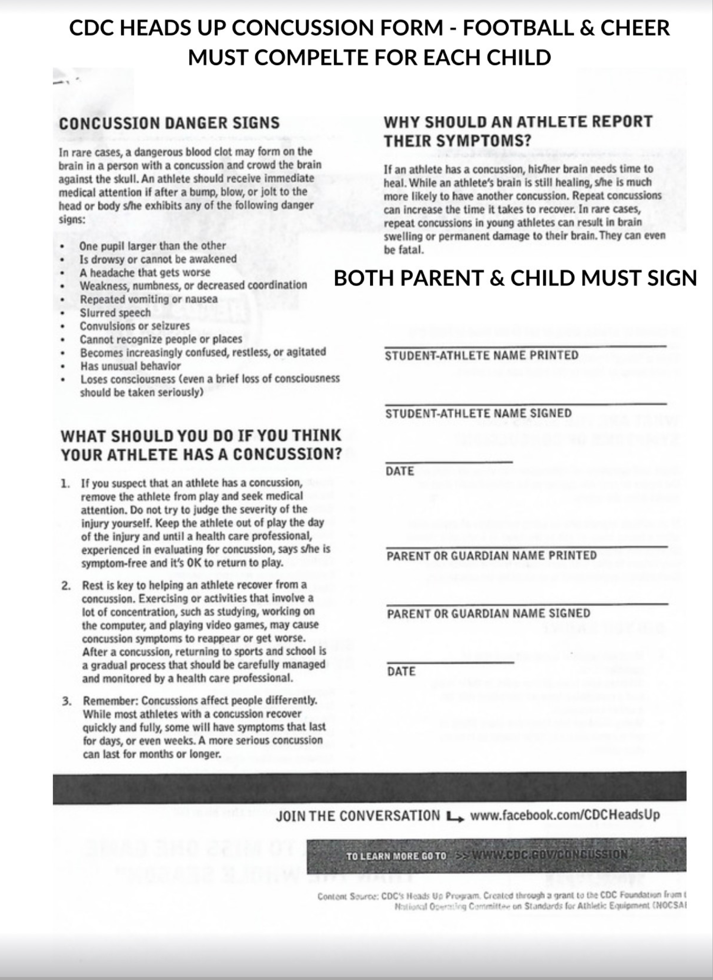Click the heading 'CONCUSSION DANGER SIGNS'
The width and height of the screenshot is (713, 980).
[169, 123]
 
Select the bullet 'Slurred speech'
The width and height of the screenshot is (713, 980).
[115, 313]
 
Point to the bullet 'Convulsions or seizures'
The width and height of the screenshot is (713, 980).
[135, 326]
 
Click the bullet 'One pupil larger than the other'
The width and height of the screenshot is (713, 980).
[152, 245]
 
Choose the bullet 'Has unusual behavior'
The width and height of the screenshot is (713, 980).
[130, 366]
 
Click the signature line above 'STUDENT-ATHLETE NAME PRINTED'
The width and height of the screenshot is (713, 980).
[525, 346]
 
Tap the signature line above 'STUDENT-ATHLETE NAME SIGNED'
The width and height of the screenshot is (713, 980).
[525, 403]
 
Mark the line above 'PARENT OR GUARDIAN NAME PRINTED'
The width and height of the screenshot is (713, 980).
[526, 546]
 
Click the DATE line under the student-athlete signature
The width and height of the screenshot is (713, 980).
[448, 462]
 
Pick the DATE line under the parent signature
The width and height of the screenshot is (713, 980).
[450, 662]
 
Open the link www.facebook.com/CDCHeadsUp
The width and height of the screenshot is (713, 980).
[565, 815]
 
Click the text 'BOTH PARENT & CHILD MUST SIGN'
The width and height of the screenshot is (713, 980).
[515, 278]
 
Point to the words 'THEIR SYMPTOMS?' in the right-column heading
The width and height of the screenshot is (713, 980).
[457, 141]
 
